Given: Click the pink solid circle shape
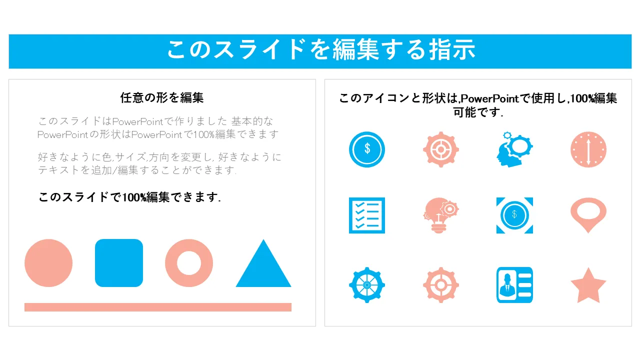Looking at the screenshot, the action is [x=48, y=263].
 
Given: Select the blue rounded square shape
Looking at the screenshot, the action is [x=119, y=263].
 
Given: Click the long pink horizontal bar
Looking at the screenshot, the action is [x=158, y=307].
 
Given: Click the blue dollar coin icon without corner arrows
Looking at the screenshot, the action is [x=367, y=149].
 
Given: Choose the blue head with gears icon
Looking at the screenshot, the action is [x=514, y=149].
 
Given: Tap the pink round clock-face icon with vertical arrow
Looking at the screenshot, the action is [x=588, y=149].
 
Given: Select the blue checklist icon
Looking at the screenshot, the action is [x=367, y=215].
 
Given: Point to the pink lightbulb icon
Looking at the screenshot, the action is [x=440, y=215].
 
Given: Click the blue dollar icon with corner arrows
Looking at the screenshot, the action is [x=514, y=215].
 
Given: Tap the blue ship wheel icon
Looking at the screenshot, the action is [x=367, y=285].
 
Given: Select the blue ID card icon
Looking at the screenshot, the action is [x=514, y=285].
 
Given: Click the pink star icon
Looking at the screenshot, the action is [x=588, y=285].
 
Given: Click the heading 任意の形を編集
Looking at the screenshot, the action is [x=161, y=97].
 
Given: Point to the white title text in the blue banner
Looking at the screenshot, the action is [x=321, y=50].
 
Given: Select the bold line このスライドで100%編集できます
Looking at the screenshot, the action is [x=129, y=197].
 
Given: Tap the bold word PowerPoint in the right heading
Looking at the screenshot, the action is [x=489, y=98].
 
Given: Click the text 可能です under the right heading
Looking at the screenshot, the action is [x=477, y=112].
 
